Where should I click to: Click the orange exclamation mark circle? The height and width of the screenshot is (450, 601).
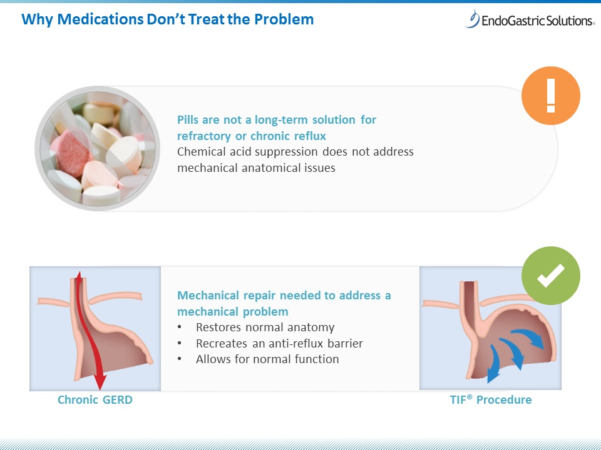pos(551,96)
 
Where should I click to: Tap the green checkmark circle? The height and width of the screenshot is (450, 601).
pos(551,276)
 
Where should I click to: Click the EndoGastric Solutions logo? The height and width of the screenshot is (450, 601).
pos(530,19)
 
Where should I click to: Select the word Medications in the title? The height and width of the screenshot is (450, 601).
pos(100,19)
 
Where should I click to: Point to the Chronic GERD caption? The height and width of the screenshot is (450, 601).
pos(95,400)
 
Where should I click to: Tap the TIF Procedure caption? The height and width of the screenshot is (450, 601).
pos(491,400)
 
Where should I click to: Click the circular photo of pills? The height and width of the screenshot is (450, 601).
pos(98,149)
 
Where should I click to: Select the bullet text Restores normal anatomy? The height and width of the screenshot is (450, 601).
pos(265,327)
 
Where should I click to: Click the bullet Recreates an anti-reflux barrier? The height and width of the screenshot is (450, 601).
pos(279,344)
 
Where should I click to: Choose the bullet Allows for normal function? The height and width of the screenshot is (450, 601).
pos(267,359)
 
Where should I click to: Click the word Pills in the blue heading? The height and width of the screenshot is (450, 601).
pos(188,120)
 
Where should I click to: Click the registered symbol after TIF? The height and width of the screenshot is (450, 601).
pos(470,396)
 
